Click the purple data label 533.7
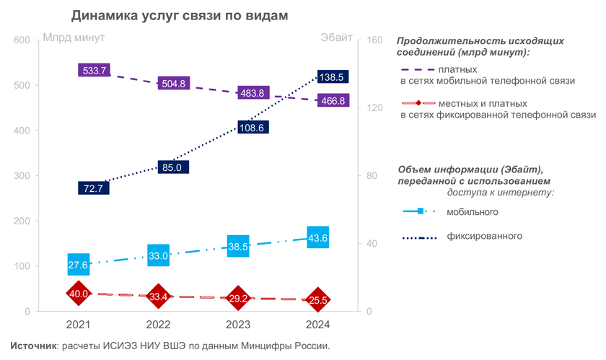[95, 71]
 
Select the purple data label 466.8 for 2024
[333, 101]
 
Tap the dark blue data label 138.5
[333, 76]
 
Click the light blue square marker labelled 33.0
[158, 255]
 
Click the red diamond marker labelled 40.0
[79, 294]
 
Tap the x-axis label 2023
[238, 324]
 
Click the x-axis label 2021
[79, 324]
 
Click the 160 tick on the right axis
[375, 40]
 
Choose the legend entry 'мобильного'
[473, 211]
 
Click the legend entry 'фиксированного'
[484, 236]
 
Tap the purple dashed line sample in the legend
[417, 69]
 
